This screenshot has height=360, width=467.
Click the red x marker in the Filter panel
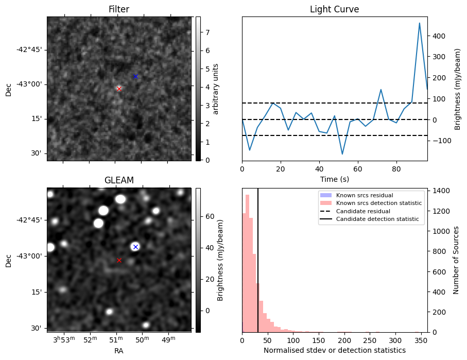click(119, 89)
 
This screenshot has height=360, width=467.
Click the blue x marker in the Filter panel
click(135, 76)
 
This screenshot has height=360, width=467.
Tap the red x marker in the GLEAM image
click(119, 260)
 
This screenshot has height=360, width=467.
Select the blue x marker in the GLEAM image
click(135, 247)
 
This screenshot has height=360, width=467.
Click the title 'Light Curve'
click(334, 9)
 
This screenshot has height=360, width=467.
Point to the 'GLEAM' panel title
click(119, 180)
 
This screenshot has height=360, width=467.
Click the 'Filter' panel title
click(119, 9)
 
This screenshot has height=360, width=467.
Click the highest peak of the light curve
click(420, 23)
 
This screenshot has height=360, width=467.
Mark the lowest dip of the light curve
click(342, 154)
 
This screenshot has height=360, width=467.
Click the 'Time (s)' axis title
click(334, 179)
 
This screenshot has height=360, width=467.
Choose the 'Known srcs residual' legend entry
click(364, 195)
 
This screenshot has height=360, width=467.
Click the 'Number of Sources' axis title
click(456, 260)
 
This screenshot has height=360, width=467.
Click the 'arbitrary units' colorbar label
click(216, 89)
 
